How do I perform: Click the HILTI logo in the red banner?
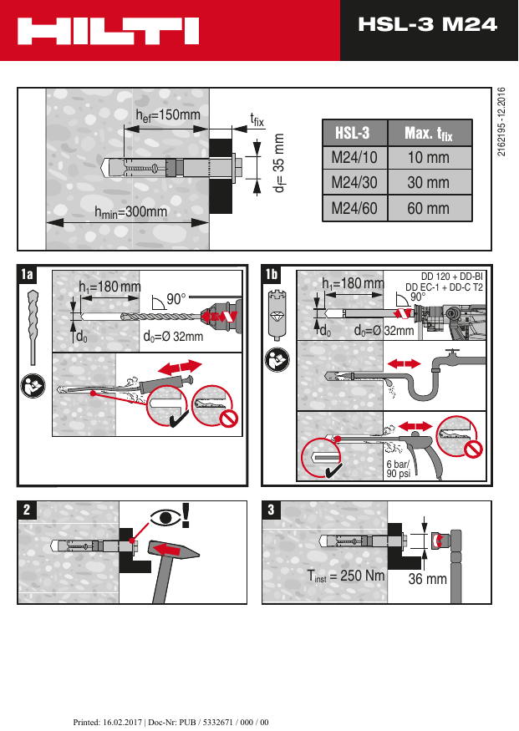point(109,32)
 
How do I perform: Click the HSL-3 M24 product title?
point(427,25)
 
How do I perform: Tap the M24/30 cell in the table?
point(354,183)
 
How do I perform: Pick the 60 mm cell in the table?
point(428,208)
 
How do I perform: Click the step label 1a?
point(28,274)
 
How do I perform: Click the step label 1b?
point(272,274)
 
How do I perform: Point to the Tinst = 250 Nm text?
point(346,576)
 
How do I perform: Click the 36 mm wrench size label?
point(427,578)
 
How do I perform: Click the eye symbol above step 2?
point(165,516)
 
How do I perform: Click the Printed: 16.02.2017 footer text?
point(171,722)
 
